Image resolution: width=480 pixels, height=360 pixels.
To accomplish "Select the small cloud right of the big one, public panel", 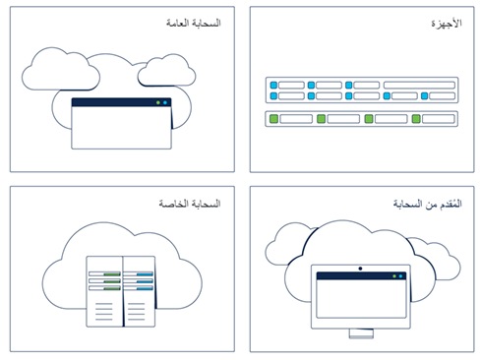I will (164, 71).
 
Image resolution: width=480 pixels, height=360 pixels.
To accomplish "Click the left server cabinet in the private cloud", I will (103, 292).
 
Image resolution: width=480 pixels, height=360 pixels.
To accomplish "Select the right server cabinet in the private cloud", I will (139, 292).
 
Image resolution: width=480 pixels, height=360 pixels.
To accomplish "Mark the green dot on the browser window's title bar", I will (166, 102).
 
